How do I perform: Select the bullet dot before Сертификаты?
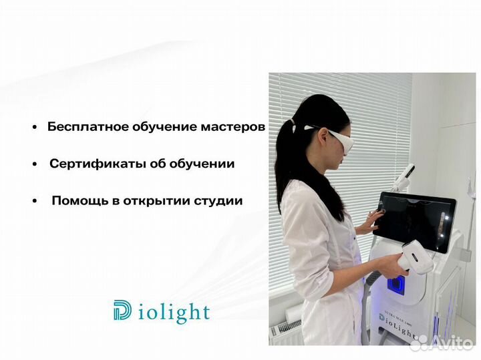[x=34, y=164]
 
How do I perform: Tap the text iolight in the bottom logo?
[x=175, y=311]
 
